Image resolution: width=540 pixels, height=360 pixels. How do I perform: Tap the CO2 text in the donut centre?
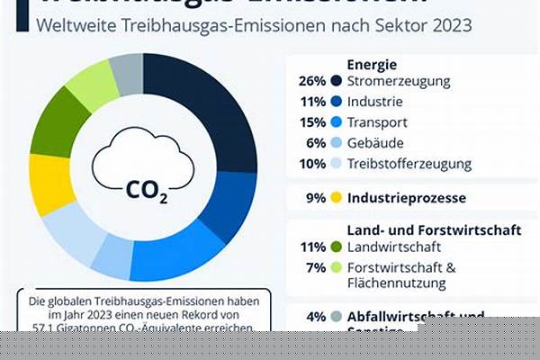coord(145,190)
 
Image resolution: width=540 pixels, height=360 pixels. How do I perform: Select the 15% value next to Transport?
coord(311,121)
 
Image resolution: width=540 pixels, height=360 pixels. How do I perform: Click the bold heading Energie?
coord(373,64)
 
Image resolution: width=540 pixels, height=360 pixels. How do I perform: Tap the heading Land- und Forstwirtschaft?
coord(434,229)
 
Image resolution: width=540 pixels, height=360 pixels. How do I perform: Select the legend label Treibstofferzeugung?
coord(409,164)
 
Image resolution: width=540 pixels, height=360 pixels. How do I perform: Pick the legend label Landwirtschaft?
coord(391,246)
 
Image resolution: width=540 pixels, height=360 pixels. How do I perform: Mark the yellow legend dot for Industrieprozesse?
coord(337,197)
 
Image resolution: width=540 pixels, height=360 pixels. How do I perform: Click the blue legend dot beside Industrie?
coord(337,101)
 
